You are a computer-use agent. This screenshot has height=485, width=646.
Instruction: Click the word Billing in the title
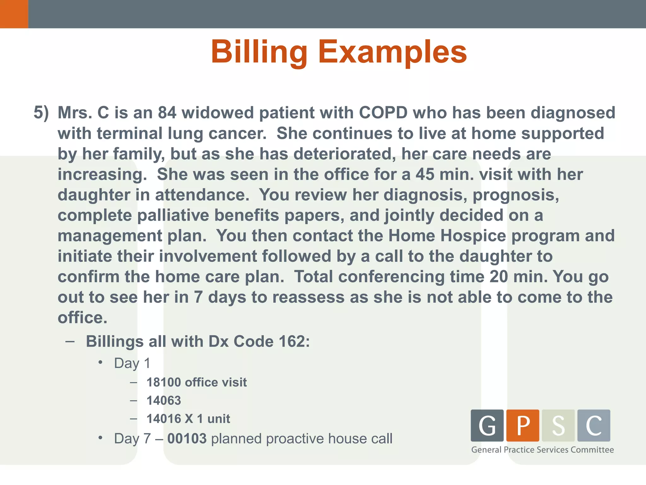tap(259, 52)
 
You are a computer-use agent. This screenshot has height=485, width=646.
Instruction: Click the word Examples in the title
tap(392, 52)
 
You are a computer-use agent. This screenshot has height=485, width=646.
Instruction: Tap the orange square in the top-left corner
tap(14, 14)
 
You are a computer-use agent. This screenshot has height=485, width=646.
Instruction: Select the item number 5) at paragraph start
tap(41, 113)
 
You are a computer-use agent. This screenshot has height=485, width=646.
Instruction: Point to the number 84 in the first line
tap(167, 113)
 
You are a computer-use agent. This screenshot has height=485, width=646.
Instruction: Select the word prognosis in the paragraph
tap(515, 195)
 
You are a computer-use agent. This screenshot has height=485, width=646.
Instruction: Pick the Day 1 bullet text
tap(132, 363)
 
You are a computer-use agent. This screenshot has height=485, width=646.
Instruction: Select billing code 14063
tap(164, 401)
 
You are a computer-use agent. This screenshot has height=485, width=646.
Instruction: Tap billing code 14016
tap(163, 419)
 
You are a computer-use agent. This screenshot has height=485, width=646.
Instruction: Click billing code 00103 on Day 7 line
tap(187, 439)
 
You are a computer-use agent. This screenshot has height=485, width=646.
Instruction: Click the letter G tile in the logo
tap(487, 425)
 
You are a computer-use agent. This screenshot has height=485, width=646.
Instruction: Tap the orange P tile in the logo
tap(523, 425)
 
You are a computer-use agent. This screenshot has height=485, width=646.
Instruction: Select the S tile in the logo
tap(558, 425)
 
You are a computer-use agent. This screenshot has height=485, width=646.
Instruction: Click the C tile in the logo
tap(594, 425)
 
